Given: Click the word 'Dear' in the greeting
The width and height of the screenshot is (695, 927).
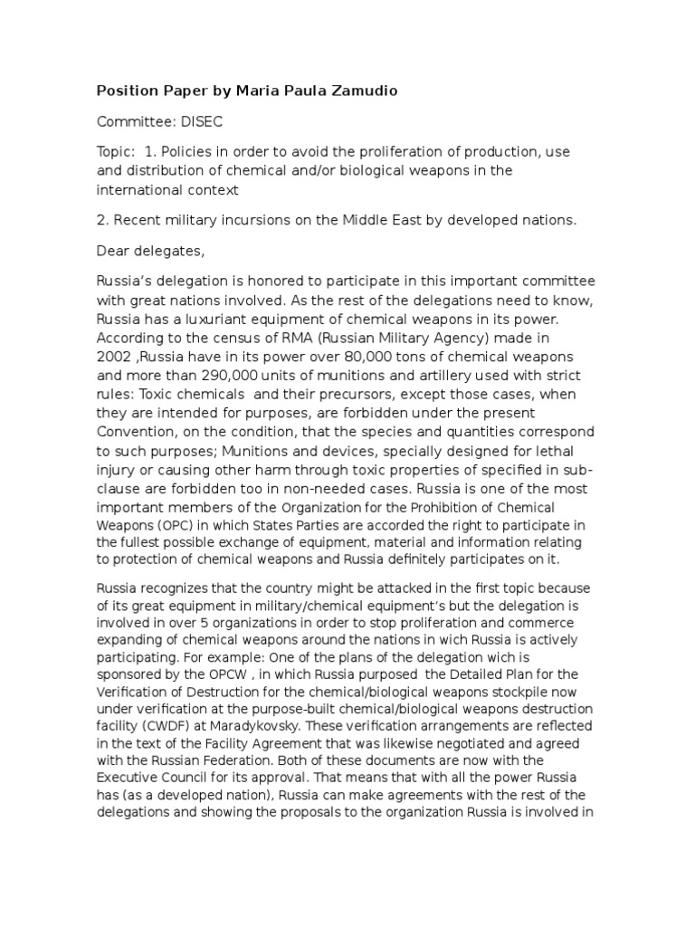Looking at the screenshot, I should coord(114,250).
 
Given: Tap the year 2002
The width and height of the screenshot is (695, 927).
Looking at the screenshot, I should coord(116,359).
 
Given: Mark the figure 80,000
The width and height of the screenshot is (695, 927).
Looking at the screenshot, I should coord(342,359).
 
